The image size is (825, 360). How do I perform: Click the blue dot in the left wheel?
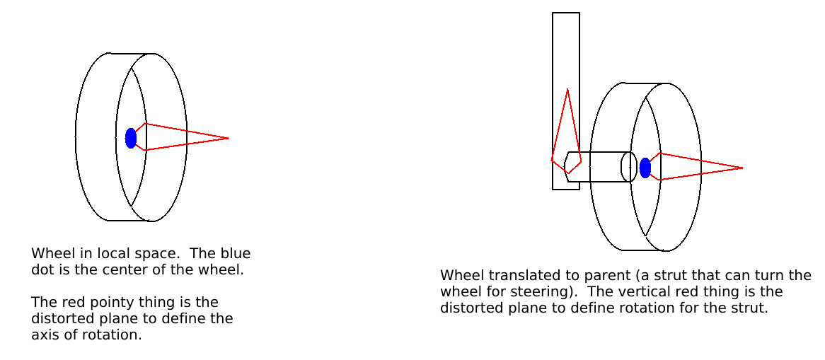(131, 138)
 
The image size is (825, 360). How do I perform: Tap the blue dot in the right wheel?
(645, 168)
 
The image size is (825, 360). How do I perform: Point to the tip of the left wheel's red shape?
(228, 138)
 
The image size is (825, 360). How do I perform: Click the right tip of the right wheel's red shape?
(742, 168)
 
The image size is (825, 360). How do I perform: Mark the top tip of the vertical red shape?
(567, 89)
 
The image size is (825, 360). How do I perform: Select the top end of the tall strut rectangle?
(566, 14)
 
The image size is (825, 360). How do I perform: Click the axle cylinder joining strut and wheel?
(598, 167)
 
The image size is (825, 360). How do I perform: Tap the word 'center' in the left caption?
(139, 269)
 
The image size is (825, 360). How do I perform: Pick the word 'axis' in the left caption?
(44, 335)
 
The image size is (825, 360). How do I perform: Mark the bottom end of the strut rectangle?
(566, 188)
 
